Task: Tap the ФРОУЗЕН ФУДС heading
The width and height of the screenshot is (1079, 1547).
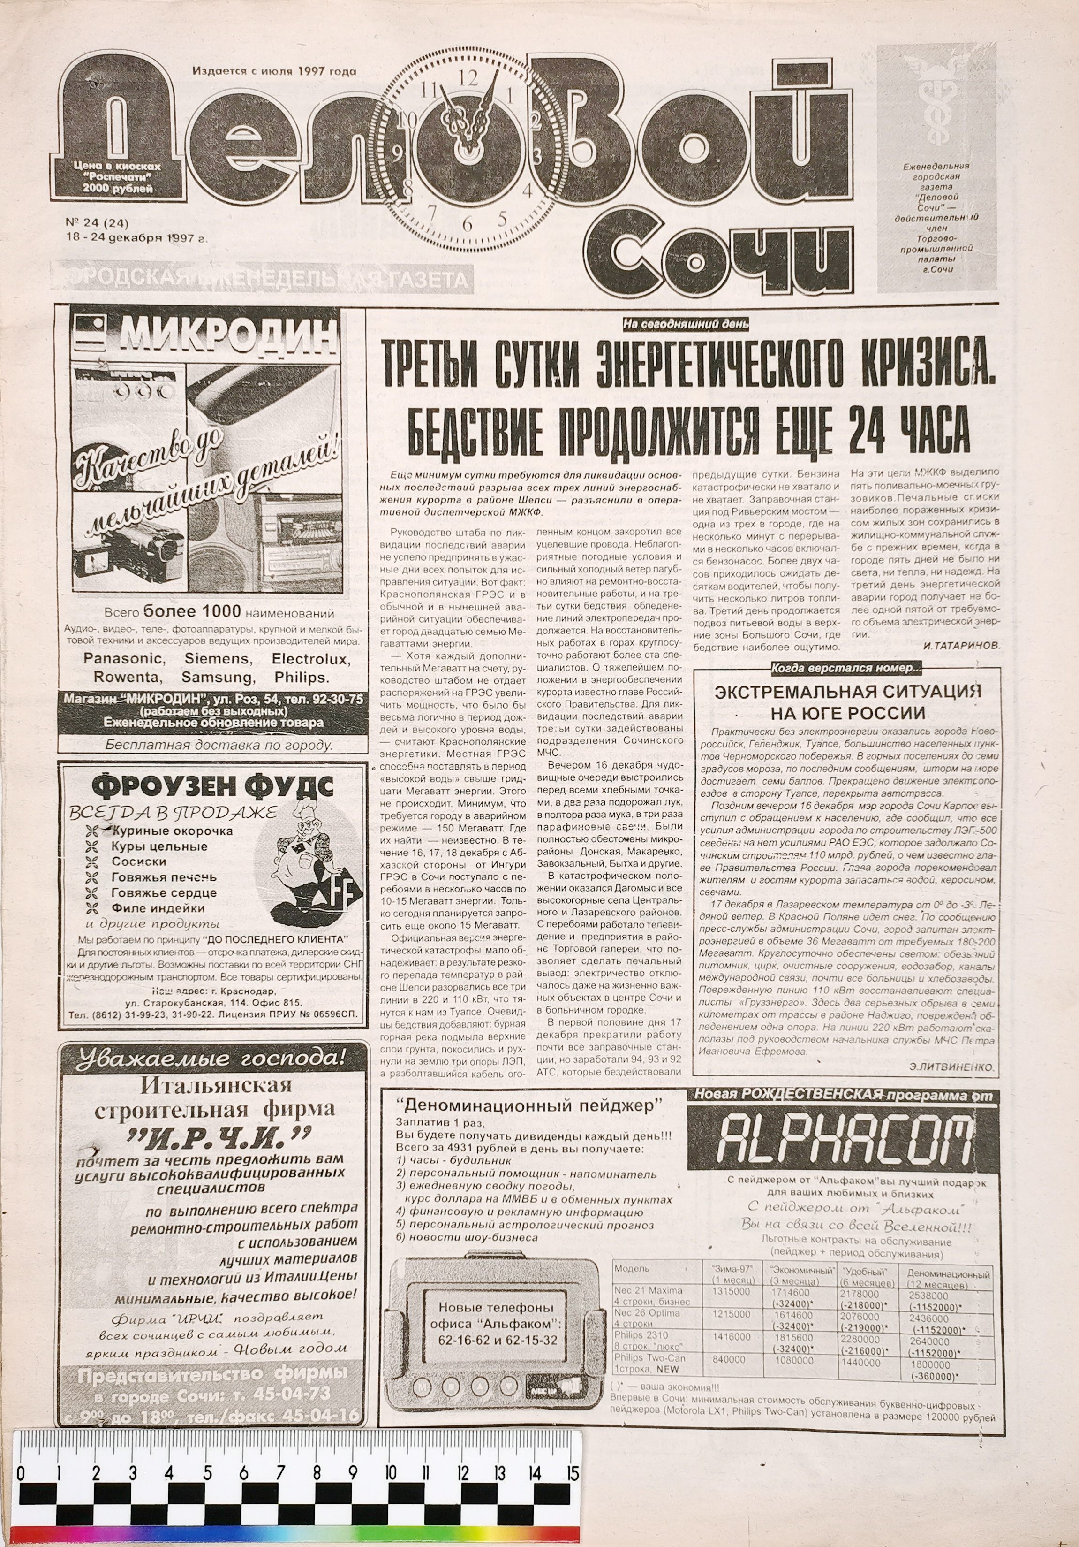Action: [x=212, y=785]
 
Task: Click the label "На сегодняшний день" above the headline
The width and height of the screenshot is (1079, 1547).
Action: [x=687, y=325]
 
